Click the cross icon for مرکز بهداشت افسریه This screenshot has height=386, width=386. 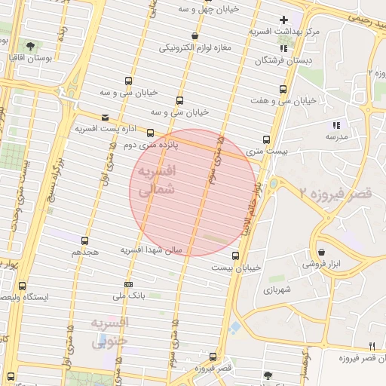click(x=283, y=20)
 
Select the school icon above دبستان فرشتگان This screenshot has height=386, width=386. click(x=283, y=48)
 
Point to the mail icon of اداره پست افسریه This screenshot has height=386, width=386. click(x=105, y=118)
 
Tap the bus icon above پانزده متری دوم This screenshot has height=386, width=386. click(x=150, y=133)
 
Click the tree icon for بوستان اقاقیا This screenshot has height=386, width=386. click(x=29, y=45)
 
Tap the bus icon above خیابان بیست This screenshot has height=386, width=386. click(x=236, y=256)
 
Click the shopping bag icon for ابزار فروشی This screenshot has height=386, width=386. click(x=322, y=252)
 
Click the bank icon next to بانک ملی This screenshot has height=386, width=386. click(x=128, y=284)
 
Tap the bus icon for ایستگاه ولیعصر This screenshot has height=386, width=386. click(x=21, y=286)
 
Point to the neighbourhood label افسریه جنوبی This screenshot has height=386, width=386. click(x=110, y=332)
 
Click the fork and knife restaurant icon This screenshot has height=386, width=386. click(x=372, y=345)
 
